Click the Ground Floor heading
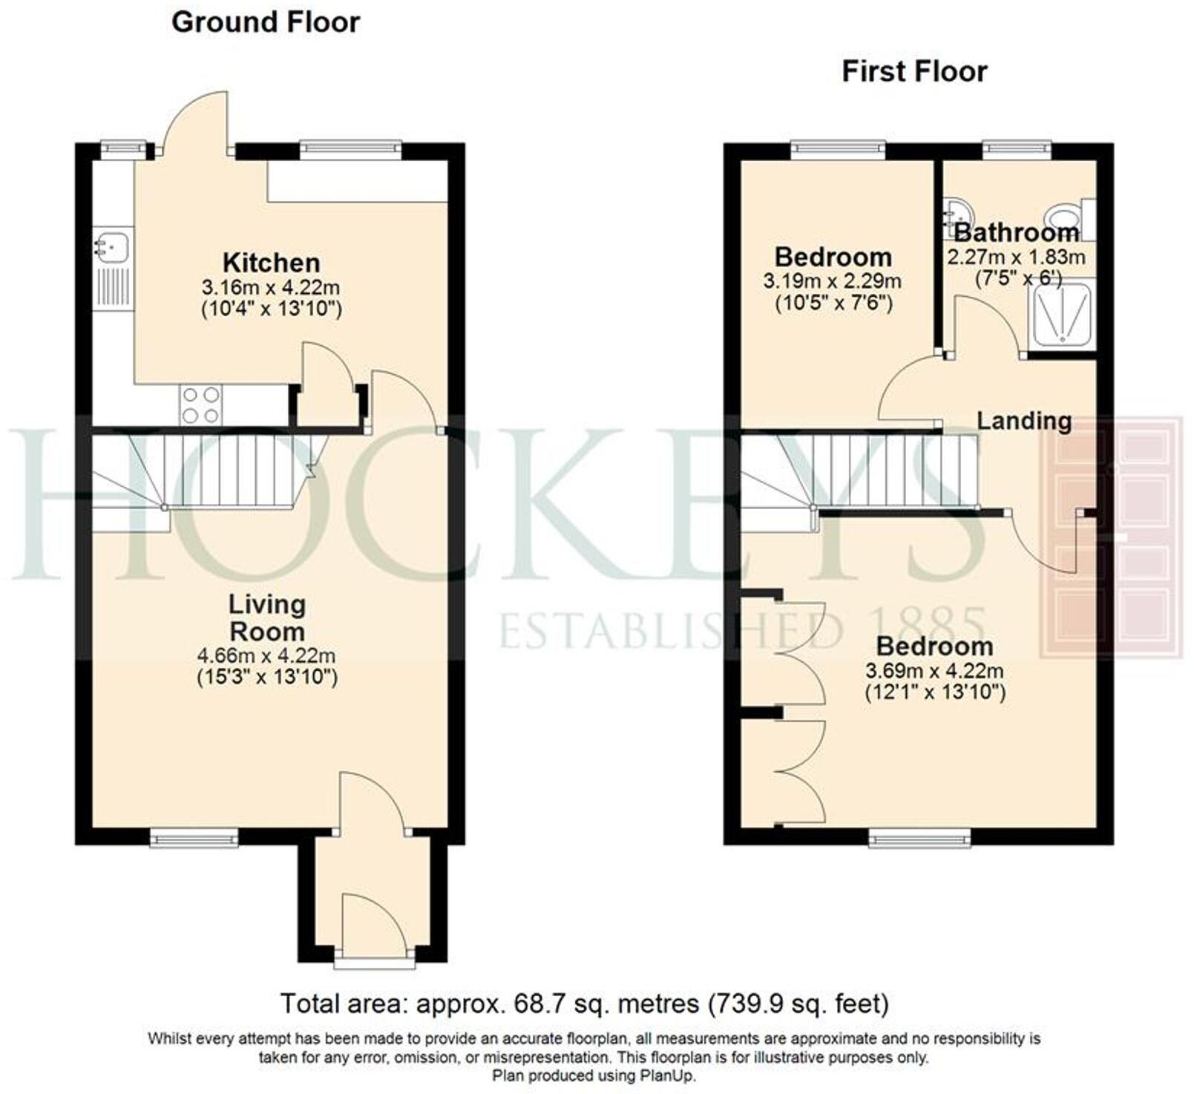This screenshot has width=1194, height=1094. pyautogui.click(x=265, y=22)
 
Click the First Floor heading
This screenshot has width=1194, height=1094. pyautogui.click(x=913, y=72)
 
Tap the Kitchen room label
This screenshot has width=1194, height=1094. pyautogui.click(x=271, y=263)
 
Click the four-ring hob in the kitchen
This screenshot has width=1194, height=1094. pyautogui.click(x=200, y=405)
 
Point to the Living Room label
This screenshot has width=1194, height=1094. pyautogui.click(x=266, y=618)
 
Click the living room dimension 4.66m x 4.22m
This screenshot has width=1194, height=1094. pyautogui.click(x=266, y=656)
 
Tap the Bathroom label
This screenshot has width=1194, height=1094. pyautogui.click(x=1016, y=233)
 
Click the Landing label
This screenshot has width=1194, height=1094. pyautogui.click(x=1023, y=421)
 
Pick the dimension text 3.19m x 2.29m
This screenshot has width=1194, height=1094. pyautogui.click(x=832, y=281)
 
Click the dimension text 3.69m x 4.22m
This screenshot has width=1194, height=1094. pyautogui.click(x=934, y=671)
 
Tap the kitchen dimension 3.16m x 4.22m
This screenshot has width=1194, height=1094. pyautogui.click(x=271, y=287)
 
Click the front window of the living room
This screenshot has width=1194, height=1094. pyautogui.click(x=194, y=839)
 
